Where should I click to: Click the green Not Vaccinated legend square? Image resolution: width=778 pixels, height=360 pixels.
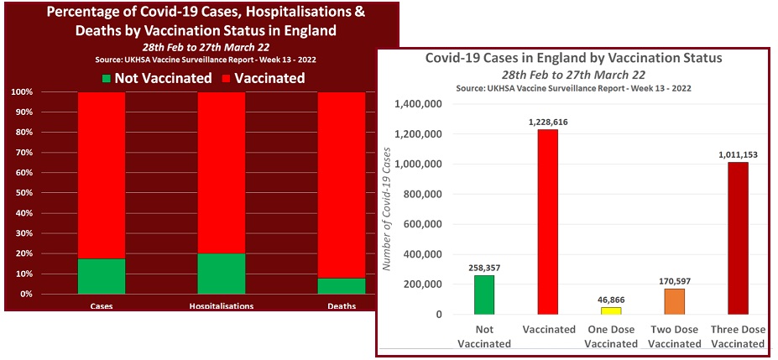coord(107,78)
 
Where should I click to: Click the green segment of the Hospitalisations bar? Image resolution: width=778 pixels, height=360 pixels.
coord(222,274)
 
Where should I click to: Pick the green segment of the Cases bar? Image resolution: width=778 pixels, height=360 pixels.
coord(102,276)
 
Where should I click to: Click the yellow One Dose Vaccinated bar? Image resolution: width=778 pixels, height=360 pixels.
coord(611,310)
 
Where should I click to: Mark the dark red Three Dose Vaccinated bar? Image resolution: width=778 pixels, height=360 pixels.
coord(738,238)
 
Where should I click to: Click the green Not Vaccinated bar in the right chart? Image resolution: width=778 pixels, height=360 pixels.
coord(484,295)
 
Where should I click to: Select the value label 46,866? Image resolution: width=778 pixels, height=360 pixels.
coord(611,300)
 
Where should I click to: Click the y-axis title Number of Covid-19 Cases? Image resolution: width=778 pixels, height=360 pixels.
coord(388,210)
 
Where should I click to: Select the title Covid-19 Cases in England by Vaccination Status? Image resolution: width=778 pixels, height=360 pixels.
coord(574,59)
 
